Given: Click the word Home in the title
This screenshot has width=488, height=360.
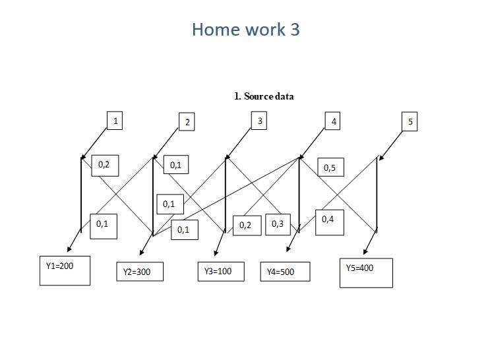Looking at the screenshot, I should pos(214,30).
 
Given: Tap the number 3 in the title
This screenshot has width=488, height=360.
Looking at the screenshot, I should pos(294,30).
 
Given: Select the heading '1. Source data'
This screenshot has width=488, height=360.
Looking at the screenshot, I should pos(264,96).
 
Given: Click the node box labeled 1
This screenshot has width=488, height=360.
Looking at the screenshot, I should pos(115,121).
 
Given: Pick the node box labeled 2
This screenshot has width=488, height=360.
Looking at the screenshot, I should pos(187,122).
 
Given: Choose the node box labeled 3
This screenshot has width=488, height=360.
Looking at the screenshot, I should pos(259,121).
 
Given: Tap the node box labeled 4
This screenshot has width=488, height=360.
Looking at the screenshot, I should pos(334,121).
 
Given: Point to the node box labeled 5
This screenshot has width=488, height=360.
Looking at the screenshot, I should pos(410,122).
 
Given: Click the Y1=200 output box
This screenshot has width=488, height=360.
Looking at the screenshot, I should pos(65,270).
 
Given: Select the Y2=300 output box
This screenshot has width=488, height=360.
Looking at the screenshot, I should pos(139,272).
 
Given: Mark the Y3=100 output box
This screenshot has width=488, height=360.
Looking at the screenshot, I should pos(221,271).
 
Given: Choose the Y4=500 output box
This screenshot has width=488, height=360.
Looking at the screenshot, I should pos(284,272).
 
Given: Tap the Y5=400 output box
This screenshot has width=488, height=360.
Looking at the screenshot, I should pos(366,272).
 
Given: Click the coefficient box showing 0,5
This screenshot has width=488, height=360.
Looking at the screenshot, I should pos(330,168).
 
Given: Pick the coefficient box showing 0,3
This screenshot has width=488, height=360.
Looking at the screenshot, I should pos(278,224).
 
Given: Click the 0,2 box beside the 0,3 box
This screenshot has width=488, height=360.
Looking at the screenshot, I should pos(246,225).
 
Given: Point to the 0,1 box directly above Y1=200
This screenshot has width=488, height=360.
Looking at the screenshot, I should pos(103,225).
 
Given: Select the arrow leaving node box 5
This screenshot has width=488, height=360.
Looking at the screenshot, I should pos(390,144).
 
